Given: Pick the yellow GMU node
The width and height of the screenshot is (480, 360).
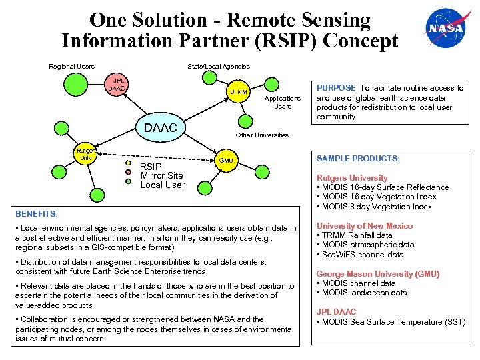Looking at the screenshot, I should pos(226,160).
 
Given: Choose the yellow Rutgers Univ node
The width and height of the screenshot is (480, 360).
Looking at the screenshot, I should pos(83,155).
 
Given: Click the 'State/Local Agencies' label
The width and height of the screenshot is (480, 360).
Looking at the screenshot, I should pos(219,66).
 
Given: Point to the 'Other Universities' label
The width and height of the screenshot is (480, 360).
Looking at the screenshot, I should pos(262,135).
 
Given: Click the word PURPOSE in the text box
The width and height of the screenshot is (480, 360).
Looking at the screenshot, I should pos(337,88).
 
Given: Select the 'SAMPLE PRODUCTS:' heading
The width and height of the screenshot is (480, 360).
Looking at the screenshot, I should pos(357,159).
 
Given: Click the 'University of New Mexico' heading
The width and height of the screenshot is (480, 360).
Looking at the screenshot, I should pos(365,226).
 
